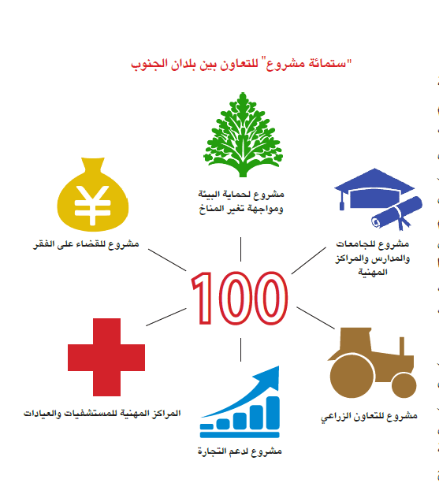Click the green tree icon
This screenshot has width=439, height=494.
[243, 135]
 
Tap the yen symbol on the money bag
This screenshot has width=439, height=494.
[92, 205]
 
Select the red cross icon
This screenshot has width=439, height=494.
[106, 357]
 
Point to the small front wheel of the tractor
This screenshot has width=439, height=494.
[404, 385]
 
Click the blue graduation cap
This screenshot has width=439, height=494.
[374, 189]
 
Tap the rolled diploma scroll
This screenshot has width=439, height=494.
[397, 213]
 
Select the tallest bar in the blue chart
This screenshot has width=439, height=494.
[273, 413]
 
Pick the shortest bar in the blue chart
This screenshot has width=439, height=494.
[206, 426]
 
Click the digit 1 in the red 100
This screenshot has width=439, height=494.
[202, 298]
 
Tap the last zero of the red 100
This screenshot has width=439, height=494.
[271, 298]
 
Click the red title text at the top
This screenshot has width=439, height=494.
[241, 65]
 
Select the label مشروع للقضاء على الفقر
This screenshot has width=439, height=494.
[86, 244]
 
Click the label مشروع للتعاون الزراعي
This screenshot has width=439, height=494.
[369, 416]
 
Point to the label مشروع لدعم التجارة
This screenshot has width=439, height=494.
[240, 451]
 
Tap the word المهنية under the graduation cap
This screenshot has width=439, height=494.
[373, 272]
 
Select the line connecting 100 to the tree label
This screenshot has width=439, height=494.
[240, 249]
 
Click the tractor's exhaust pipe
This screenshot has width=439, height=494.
[402, 346]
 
